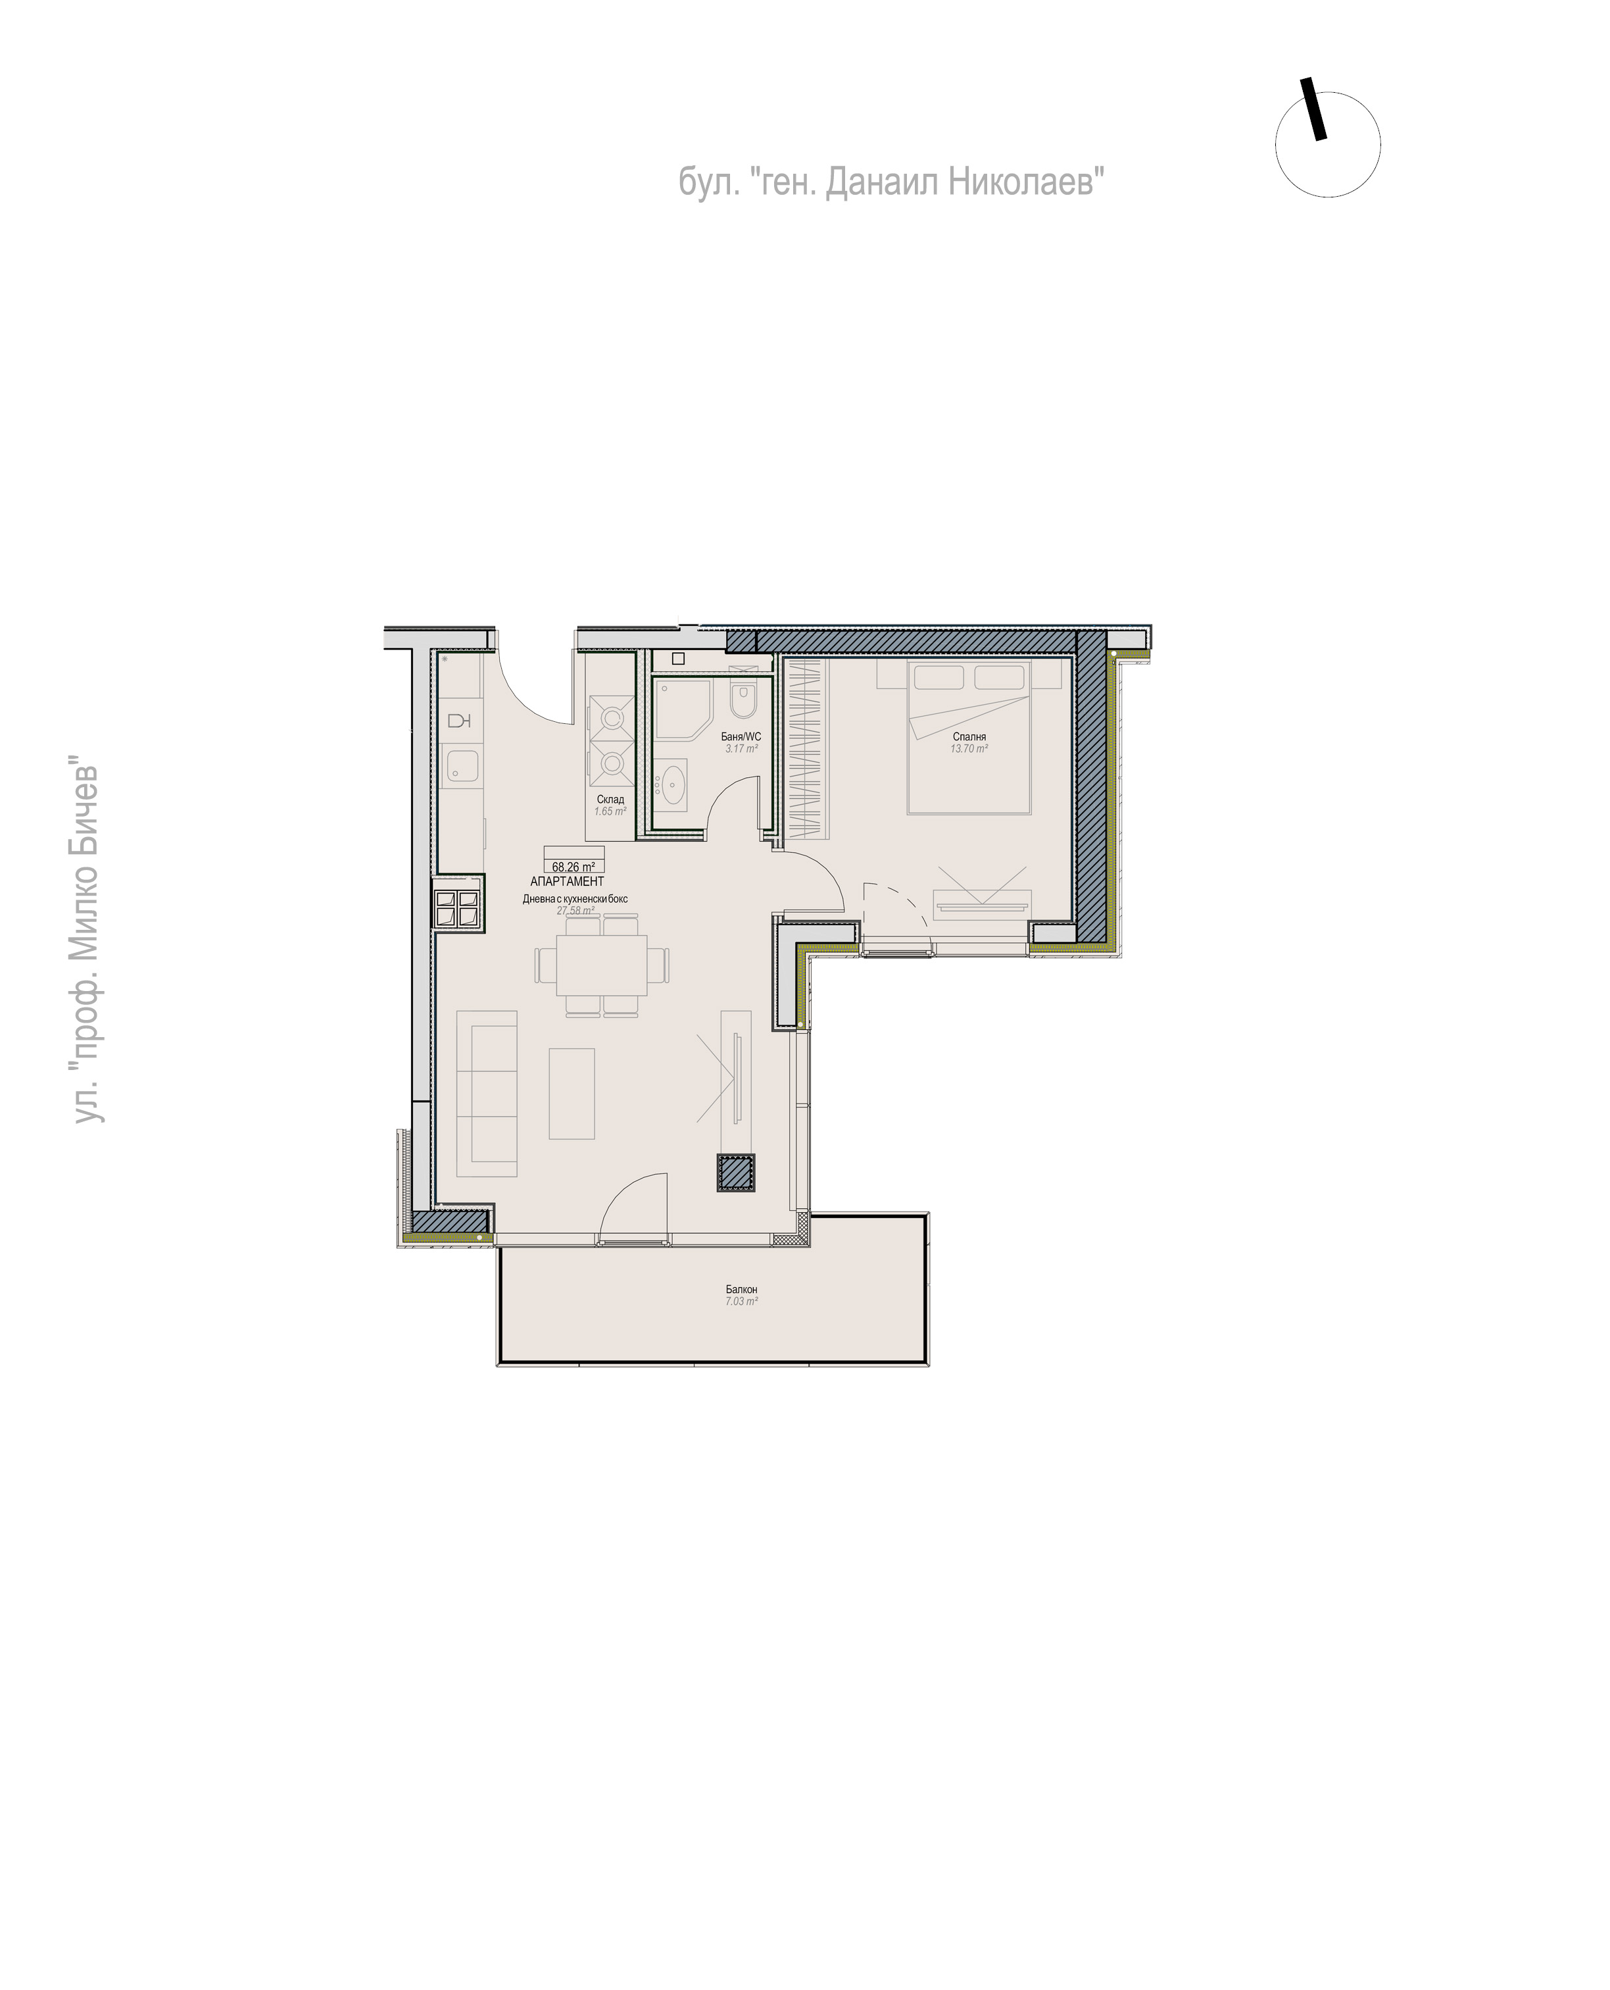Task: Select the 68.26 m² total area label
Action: [573, 867]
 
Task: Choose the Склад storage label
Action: [610, 799]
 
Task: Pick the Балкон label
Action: [741, 1290]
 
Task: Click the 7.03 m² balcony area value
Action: [741, 1302]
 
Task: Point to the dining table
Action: [602, 965]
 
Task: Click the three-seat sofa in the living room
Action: [486, 1094]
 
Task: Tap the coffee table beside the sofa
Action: [572, 1093]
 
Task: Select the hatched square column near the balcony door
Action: [735, 1173]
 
